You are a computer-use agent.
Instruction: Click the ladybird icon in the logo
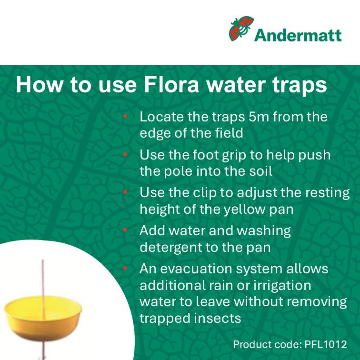click(x=241, y=29)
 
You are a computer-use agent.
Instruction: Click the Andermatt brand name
click(x=298, y=35)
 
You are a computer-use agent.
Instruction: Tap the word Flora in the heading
click(x=171, y=84)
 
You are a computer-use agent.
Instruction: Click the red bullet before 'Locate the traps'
click(x=125, y=116)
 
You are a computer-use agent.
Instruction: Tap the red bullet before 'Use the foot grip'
click(x=125, y=154)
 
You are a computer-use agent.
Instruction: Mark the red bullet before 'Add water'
click(x=125, y=230)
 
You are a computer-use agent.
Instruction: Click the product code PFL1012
click(x=326, y=344)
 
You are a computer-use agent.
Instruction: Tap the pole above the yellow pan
click(x=43, y=278)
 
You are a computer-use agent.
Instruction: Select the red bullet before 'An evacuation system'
click(x=125, y=268)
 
